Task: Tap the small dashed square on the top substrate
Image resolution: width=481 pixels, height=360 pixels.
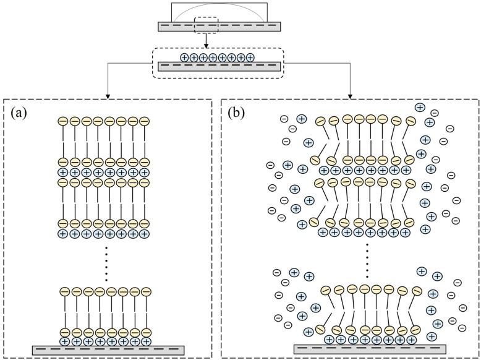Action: [206, 25]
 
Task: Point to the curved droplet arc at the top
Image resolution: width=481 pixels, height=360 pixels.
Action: [219, 9]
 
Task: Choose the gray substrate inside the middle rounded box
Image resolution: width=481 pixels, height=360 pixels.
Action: [220, 67]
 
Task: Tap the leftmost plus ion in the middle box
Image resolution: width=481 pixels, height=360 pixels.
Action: [184, 58]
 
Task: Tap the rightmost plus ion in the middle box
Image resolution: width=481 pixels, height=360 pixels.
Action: [250, 58]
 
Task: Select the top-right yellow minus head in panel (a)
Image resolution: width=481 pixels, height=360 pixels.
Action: [144, 121]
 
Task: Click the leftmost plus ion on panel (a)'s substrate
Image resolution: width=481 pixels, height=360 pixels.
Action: [65, 340]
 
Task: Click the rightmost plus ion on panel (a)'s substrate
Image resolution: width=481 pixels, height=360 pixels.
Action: [146, 340]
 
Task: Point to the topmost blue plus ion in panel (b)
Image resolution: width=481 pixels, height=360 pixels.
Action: [420, 107]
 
